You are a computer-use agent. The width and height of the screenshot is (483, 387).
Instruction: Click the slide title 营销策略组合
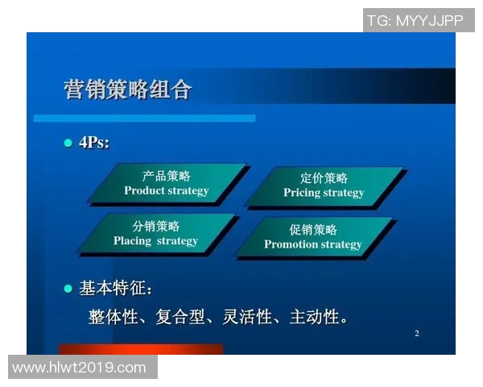[127, 89]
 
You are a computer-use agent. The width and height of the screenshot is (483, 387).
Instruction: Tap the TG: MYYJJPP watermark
[415, 20]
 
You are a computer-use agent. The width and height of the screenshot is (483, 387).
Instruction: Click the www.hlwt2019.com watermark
[80, 368]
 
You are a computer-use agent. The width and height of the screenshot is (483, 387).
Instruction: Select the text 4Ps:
[94, 143]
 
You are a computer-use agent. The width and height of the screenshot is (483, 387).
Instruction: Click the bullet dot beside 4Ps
[68, 143]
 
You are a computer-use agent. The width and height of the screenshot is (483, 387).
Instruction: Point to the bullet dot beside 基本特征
[68, 288]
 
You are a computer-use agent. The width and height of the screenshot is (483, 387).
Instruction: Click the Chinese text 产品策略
[167, 177]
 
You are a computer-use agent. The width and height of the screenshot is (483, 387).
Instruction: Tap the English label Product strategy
[167, 191]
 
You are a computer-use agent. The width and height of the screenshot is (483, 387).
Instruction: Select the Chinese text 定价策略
[324, 178]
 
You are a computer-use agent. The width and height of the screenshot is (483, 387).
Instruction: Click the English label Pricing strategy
[324, 193]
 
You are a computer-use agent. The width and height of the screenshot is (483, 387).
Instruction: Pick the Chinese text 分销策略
[156, 226]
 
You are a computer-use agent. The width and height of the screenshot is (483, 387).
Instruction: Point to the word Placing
[132, 240]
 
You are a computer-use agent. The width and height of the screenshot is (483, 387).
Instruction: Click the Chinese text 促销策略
[313, 229]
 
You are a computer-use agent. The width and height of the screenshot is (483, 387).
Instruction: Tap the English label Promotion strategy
[313, 244]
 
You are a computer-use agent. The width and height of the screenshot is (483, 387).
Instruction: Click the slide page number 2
[417, 334]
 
